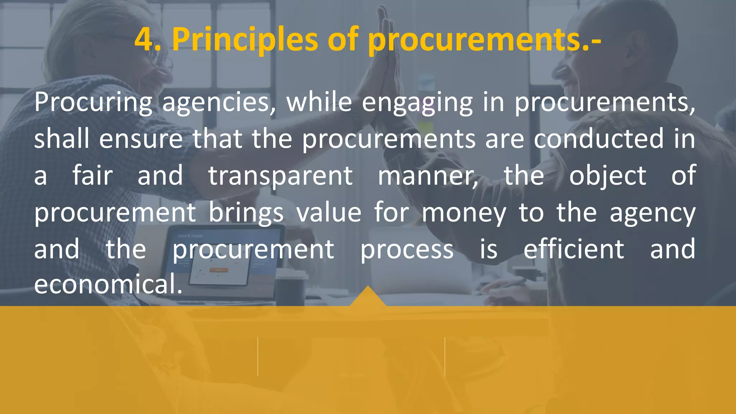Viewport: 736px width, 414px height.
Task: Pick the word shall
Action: [x=61, y=139]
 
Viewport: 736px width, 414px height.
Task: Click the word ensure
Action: [x=141, y=139]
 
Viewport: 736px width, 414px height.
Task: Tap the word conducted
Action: [x=598, y=139]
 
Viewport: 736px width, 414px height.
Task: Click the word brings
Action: [x=246, y=213]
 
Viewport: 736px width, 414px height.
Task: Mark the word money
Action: [x=464, y=213]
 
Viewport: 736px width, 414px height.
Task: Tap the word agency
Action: [x=653, y=213]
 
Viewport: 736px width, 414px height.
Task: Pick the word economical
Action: [x=108, y=284]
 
